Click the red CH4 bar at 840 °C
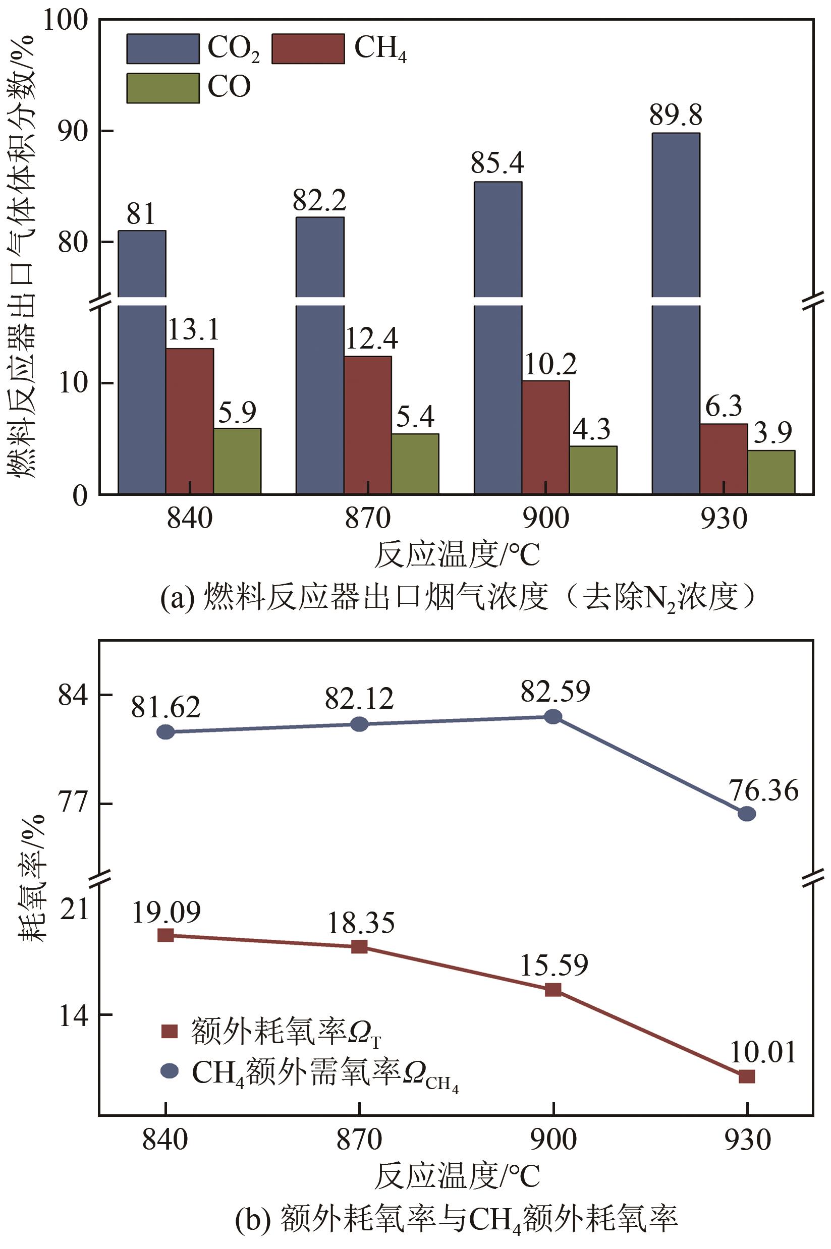click(190, 421)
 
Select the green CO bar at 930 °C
click(770, 472)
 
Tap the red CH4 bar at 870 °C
click(368, 424)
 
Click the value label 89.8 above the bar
click(676, 115)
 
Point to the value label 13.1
click(193, 330)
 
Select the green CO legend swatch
click(162, 88)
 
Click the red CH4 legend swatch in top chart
click(308, 49)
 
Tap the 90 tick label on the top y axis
click(72, 132)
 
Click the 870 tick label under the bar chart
click(368, 518)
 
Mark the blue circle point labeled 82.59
click(553, 716)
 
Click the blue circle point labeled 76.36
click(747, 814)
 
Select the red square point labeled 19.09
click(166, 935)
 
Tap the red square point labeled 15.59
click(553, 989)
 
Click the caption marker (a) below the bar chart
click(178, 598)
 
